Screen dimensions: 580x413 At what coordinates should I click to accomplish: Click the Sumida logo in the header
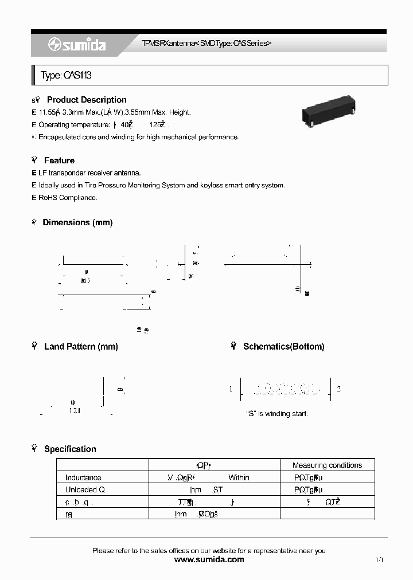tap(77, 44)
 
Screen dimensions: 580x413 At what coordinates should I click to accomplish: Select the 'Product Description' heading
tap(87, 100)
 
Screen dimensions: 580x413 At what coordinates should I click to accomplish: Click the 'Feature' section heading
tap(59, 160)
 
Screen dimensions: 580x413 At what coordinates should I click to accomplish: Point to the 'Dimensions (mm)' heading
tap(77, 222)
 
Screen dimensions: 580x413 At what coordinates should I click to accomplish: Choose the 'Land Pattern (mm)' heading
tap(81, 347)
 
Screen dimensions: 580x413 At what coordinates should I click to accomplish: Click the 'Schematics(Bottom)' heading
tap(283, 347)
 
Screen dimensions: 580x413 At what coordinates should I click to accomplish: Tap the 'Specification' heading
tap(70, 449)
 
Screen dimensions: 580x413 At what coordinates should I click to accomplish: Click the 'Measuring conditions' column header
tap(327, 465)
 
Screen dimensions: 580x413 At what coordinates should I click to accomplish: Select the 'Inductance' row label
tap(83, 478)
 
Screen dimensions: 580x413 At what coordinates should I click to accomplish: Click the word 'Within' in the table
tap(239, 478)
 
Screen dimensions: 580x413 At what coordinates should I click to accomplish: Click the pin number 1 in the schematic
tap(231, 389)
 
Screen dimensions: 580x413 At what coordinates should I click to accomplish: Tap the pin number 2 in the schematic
tap(339, 389)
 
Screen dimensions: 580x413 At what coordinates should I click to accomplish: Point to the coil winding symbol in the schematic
tap(285, 389)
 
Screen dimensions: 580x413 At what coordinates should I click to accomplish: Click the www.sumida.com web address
tap(209, 560)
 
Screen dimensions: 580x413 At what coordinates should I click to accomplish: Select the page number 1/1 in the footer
tap(379, 560)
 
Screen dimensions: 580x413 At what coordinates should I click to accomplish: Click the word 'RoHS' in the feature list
tap(48, 198)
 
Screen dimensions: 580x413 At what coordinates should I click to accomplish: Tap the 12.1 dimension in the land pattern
tap(75, 411)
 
